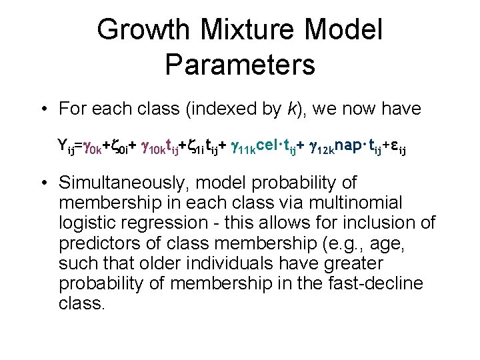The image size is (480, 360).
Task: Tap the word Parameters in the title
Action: click(240, 65)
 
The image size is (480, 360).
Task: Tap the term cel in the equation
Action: click(269, 145)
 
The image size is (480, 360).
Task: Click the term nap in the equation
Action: click(350, 145)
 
